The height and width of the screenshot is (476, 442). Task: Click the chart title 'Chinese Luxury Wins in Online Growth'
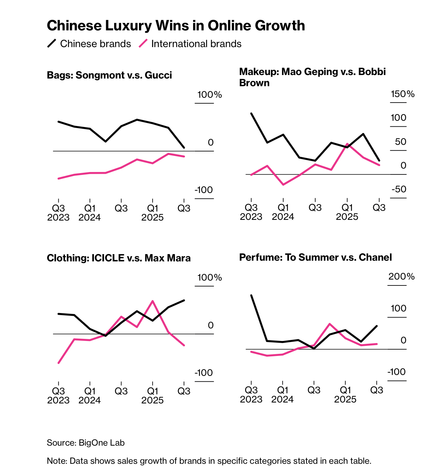[x=176, y=26]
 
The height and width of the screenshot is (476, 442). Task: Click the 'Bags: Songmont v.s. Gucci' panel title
[x=109, y=75]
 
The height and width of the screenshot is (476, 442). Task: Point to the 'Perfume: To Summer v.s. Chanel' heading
[x=315, y=258]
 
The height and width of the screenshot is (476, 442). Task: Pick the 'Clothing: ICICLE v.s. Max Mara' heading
[x=119, y=258]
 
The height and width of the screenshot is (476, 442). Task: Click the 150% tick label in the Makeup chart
[x=403, y=94]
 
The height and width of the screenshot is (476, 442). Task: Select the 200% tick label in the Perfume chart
[x=402, y=276]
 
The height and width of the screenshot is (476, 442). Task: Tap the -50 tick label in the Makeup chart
[x=399, y=189]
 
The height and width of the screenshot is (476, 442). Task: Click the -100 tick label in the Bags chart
[x=204, y=190]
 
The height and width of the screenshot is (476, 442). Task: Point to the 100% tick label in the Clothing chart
[x=209, y=277]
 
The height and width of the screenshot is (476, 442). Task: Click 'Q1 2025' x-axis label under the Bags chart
[x=153, y=213]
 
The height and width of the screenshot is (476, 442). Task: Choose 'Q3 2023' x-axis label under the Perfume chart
[x=251, y=394]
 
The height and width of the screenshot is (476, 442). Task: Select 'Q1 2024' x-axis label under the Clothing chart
[x=90, y=395]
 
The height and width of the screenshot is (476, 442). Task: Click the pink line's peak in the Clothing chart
[x=153, y=301]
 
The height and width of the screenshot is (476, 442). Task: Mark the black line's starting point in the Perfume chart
[x=251, y=295]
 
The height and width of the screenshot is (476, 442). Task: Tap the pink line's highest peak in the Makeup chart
[x=347, y=144]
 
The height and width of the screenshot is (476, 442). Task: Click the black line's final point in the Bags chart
[x=184, y=148]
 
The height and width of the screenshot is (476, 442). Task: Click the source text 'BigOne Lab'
[x=102, y=443]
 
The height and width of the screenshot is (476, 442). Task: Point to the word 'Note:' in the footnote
[x=57, y=461]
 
